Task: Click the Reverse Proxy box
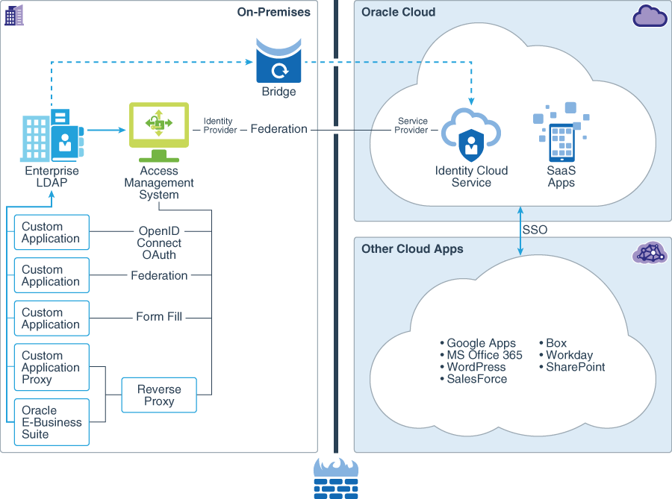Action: [x=159, y=395]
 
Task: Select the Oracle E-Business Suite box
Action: [x=52, y=422]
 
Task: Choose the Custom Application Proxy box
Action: [x=52, y=368]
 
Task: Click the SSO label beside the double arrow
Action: [x=535, y=230]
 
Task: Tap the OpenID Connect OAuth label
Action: [x=159, y=243]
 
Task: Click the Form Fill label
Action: [x=159, y=317]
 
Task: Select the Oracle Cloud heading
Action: [x=398, y=12]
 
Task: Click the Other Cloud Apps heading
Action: [x=412, y=249]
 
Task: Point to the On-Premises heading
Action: [x=273, y=12]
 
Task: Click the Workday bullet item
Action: [x=568, y=356]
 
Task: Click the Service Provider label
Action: [x=413, y=125]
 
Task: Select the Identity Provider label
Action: [x=219, y=125]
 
